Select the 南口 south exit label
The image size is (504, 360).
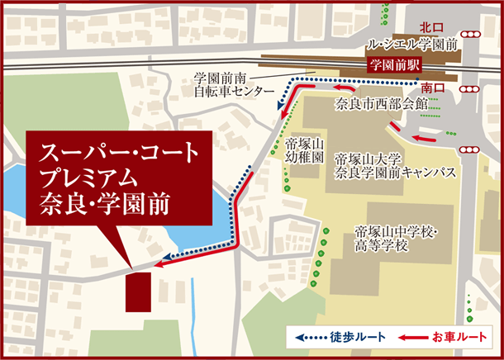tap(432, 86)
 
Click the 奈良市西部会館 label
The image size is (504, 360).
tap(379, 105)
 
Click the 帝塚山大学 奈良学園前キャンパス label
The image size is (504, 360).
tap(396, 165)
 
